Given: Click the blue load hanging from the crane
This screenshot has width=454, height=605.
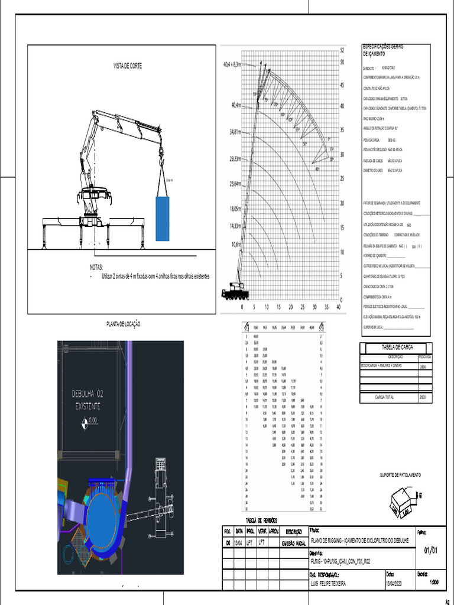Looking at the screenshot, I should tap(163, 219).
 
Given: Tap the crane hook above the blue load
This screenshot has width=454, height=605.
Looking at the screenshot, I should tap(160, 155).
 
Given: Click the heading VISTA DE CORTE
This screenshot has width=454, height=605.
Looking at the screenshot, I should tap(128, 66).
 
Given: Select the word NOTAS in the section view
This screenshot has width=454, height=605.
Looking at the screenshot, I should tap(96, 267).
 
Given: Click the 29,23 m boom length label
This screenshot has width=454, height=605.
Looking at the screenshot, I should tap(239, 159).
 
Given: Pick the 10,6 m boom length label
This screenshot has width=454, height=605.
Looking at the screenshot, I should tap(236, 244).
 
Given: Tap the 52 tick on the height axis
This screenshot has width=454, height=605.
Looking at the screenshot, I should tap(342, 50).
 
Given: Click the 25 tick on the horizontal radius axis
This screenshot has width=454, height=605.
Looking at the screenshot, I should tap(302, 307).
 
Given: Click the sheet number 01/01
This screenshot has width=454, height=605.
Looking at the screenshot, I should tap(431, 551).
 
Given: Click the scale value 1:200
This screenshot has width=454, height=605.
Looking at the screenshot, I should tap(435, 582).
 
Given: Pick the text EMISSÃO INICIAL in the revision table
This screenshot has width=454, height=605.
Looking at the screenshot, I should tap(292, 543).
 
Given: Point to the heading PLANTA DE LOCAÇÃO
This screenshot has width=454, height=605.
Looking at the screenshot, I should tap(124, 324).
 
